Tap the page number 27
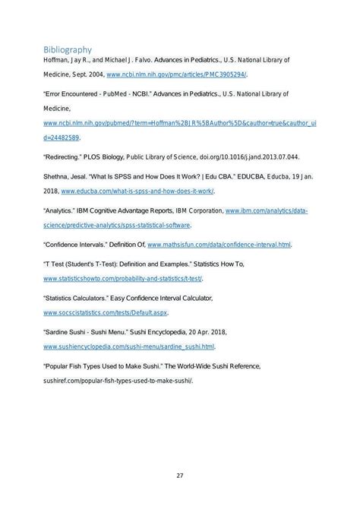pyautogui.click(x=180, y=476)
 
